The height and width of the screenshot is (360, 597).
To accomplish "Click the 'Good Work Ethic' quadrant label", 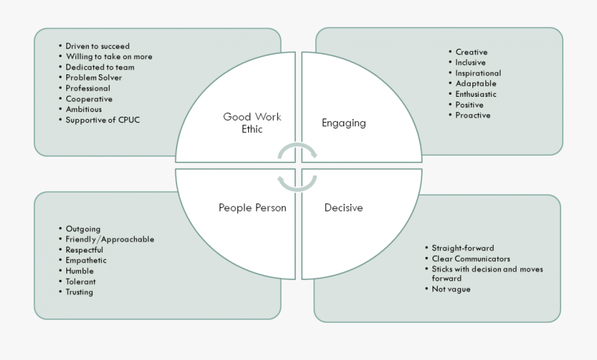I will (252, 123).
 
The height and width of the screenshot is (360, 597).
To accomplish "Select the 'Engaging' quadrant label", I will (344, 123).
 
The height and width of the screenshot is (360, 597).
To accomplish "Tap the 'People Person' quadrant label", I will (253, 208).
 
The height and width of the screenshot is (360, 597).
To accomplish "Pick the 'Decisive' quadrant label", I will (344, 208).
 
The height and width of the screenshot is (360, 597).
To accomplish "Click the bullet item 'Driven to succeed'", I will (98, 46).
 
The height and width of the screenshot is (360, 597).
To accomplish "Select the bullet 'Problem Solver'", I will (94, 78).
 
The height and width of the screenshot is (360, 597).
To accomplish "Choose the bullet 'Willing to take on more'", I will (109, 57).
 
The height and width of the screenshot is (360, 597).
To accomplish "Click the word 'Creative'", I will (471, 52).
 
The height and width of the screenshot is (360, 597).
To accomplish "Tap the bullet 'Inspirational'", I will (478, 74).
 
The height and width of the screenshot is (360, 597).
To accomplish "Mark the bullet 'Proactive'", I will (473, 115).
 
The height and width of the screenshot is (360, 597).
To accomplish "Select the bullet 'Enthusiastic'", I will (476, 94).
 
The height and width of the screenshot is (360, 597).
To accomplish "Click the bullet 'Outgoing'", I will (83, 229).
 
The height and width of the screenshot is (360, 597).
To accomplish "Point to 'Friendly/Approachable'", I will (109, 239).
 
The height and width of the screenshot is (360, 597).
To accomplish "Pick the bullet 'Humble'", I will (80, 271).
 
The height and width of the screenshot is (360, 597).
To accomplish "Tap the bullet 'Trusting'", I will (80, 292).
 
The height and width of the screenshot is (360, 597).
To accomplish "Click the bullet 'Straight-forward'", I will (462, 248).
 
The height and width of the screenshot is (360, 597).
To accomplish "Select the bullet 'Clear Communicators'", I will (471, 259).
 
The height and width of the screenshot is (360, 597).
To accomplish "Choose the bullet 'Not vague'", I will (451, 289).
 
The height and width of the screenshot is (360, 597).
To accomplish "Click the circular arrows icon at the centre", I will (297, 166).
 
